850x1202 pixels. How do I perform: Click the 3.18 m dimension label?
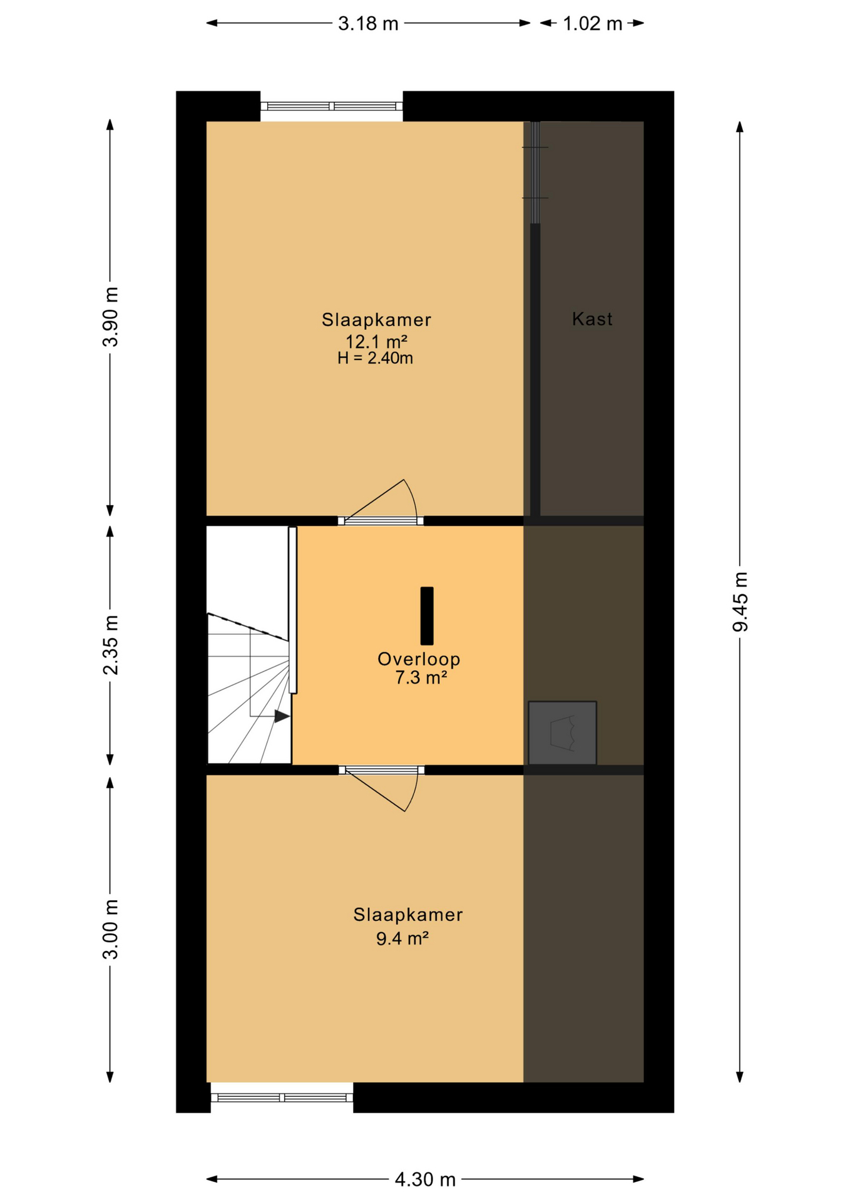[x=368, y=24]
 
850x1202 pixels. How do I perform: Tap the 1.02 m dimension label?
[x=592, y=24]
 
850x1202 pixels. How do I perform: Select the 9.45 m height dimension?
[x=740, y=602]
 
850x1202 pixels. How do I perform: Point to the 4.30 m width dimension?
[x=425, y=1179]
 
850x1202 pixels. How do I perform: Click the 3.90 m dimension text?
[x=111, y=317]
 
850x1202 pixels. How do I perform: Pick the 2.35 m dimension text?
[x=111, y=645]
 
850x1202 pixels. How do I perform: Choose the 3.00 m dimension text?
[x=111, y=929]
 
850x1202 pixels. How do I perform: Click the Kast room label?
[x=592, y=319]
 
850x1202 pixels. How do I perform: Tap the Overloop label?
[x=419, y=659]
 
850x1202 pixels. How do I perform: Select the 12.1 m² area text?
[x=376, y=342]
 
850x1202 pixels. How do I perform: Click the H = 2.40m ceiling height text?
[x=375, y=358]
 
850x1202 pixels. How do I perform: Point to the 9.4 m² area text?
[x=402, y=938]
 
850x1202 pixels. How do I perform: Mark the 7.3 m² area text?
[x=421, y=677]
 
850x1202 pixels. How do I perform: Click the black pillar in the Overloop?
[x=427, y=615]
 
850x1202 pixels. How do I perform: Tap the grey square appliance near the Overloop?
[x=562, y=732]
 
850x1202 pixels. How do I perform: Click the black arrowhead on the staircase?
[x=282, y=716]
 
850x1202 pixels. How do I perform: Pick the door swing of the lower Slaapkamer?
[x=388, y=791]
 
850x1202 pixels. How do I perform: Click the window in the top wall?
[x=332, y=106]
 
